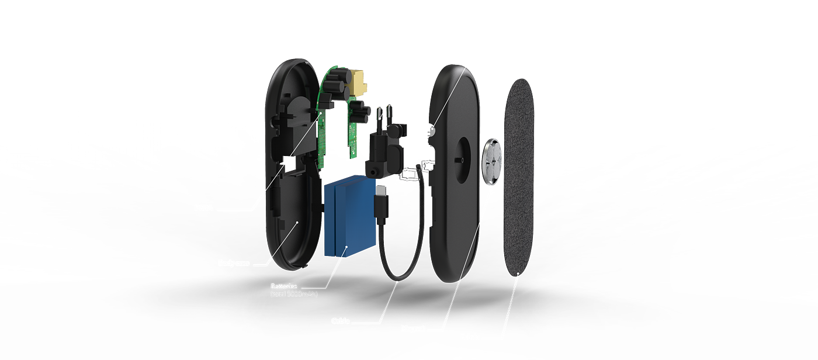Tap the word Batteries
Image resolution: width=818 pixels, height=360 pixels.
coord(283,286)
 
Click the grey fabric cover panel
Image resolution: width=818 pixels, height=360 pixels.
coord(519,175)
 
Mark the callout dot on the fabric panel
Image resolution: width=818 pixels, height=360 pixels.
coord(518,274)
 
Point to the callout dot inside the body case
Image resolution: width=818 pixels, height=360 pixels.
coord(297,222)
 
